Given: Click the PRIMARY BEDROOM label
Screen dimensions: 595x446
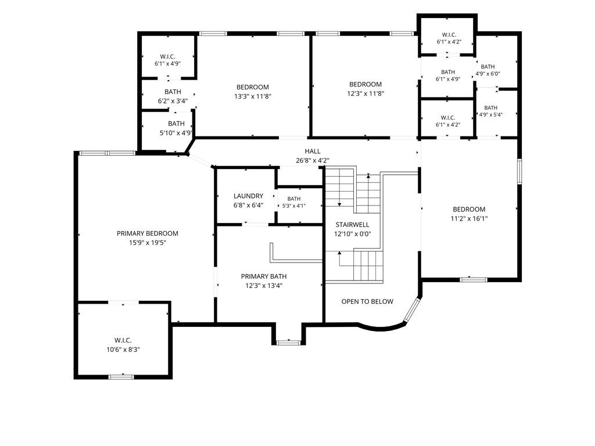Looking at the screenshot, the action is click(147, 233).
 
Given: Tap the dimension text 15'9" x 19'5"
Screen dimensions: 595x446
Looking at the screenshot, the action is click(148, 243).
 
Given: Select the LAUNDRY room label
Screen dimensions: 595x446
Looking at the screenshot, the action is click(248, 196).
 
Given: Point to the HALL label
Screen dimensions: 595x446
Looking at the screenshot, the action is click(312, 152).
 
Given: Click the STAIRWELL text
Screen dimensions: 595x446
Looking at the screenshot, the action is click(352, 225).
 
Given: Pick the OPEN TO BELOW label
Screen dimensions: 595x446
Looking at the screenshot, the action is click(367, 301).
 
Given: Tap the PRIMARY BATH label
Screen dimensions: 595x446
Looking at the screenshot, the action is click(264, 276).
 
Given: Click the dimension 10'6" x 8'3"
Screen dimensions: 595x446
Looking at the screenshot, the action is click(123, 350).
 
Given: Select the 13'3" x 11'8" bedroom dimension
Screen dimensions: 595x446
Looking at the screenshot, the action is click(253, 96).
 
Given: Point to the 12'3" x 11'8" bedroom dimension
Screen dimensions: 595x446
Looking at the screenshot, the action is click(365, 93).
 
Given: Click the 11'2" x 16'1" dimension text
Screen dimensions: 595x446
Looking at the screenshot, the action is click(469, 218).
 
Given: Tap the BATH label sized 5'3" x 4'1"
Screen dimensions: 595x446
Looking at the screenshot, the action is click(293, 199).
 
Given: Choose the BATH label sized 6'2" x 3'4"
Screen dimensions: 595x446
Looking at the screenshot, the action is click(173, 92).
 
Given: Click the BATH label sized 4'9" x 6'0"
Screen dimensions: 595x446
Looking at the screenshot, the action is click(488, 67).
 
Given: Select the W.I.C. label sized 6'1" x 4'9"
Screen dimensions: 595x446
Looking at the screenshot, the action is click(167, 57).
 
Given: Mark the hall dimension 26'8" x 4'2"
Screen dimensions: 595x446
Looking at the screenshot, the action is click(312, 160).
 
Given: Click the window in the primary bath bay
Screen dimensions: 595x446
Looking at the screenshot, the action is click(288, 343).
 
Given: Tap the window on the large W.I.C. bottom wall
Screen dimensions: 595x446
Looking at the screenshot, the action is click(121, 377).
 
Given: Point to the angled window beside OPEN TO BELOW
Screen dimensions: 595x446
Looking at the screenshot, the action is click(411, 310).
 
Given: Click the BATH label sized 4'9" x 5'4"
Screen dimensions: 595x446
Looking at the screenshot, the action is click(490, 107).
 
